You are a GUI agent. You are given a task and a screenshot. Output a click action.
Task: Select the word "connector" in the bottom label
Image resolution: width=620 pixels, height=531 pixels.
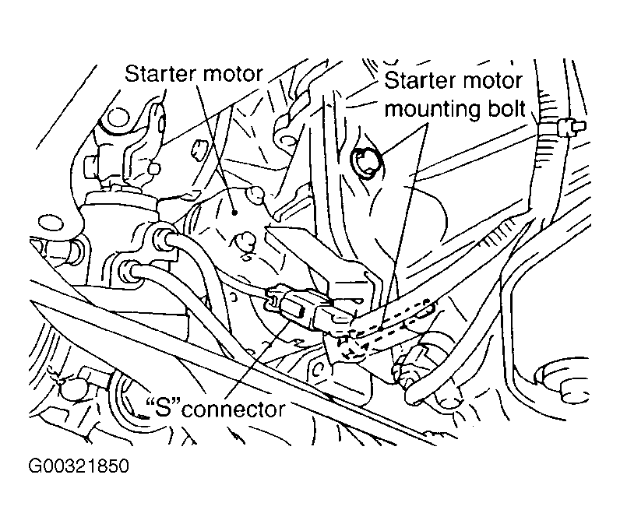[234, 410]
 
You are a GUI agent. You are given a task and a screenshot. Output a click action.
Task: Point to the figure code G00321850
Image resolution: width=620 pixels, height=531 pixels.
[79, 466]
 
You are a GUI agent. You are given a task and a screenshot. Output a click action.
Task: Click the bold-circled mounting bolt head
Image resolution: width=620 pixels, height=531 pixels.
[367, 162]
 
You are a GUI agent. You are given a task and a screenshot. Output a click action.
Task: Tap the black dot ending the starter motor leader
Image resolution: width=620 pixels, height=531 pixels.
[234, 213]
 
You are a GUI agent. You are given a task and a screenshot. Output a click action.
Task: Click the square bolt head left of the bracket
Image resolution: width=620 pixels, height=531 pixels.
[92, 167]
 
